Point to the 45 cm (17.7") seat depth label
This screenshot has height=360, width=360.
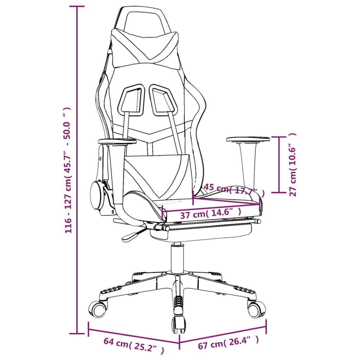coord(234,190)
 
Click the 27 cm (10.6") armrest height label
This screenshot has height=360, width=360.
coord(292,165)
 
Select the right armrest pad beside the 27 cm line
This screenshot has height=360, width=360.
coord(248,139)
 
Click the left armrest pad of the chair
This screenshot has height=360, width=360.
coord(117,141)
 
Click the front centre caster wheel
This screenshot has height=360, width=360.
coord(179,324)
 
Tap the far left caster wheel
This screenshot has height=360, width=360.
coord(97,310)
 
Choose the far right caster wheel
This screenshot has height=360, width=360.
coord(256,309)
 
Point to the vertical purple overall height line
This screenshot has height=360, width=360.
coord(77,170)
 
